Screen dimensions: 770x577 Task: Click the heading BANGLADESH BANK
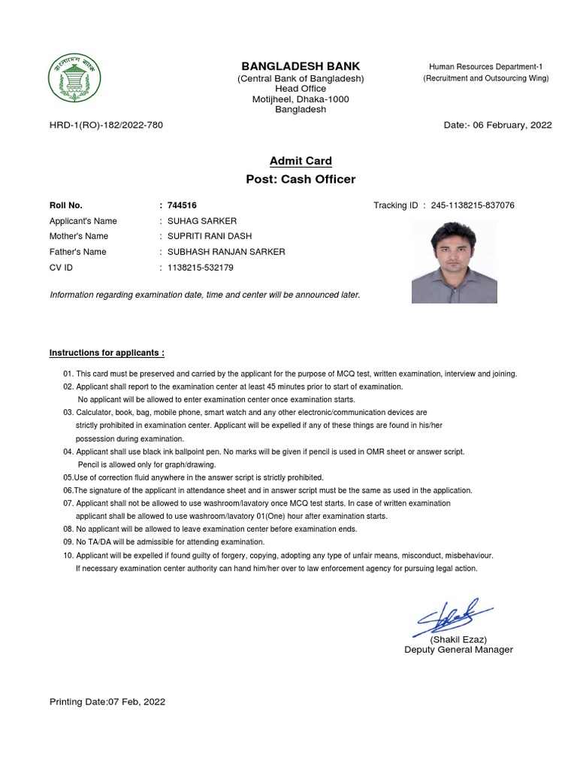pos(300,66)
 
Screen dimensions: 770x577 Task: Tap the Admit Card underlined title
pos(301,161)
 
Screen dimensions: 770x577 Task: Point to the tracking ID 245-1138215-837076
pos(473,205)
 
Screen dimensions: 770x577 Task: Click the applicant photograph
pos(454,262)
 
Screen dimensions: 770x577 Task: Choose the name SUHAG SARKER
pos(201,221)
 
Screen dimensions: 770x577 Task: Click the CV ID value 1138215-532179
pos(200,268)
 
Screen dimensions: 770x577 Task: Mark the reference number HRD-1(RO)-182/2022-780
pos(106,125)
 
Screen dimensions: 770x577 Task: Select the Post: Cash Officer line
pos(301,180)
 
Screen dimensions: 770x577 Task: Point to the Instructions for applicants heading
pos(107,353)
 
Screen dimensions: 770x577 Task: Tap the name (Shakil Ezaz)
pos(458,639)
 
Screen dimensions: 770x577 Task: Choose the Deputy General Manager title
pos(458,650)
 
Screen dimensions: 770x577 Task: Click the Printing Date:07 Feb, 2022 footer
pos(107,702)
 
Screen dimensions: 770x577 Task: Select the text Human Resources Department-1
pos(485,67)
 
